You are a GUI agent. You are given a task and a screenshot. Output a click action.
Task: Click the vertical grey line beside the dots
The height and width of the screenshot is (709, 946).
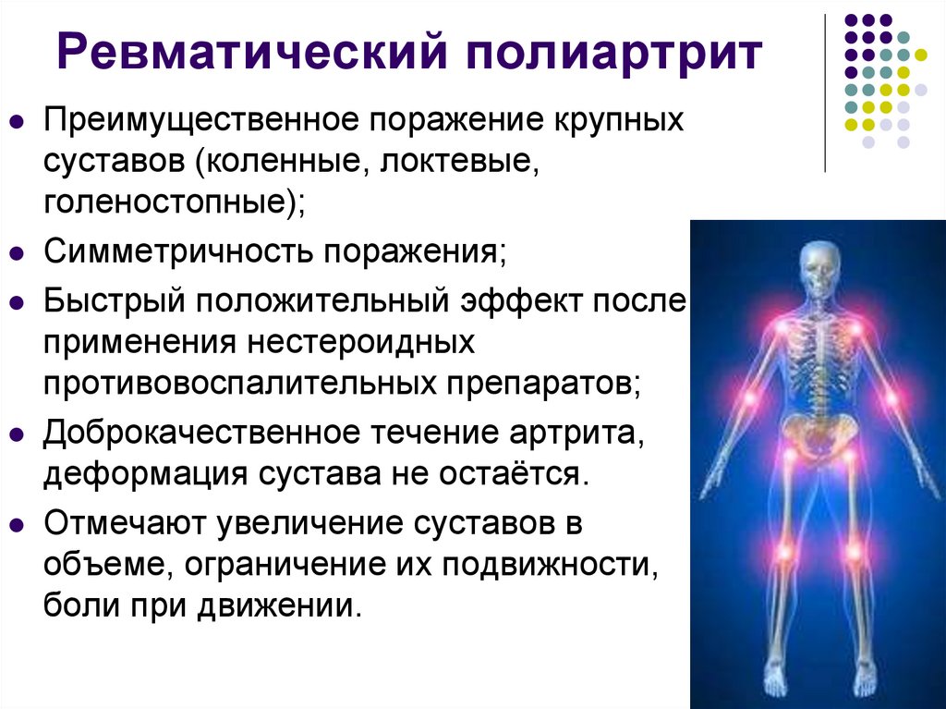tap(824, 92)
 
